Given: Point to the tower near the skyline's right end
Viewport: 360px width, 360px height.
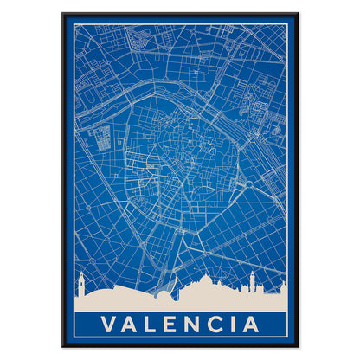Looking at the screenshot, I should pos(253,284).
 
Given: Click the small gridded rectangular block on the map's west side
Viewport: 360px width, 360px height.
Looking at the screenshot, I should pos(101,139).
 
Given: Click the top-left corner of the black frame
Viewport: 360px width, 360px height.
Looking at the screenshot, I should pos(62,14).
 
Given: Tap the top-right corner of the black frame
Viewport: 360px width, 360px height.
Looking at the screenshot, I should pos(298,14).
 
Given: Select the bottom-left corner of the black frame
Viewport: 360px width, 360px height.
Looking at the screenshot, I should pos(62,346).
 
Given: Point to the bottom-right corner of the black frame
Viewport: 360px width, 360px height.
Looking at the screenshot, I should pos(298,346).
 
